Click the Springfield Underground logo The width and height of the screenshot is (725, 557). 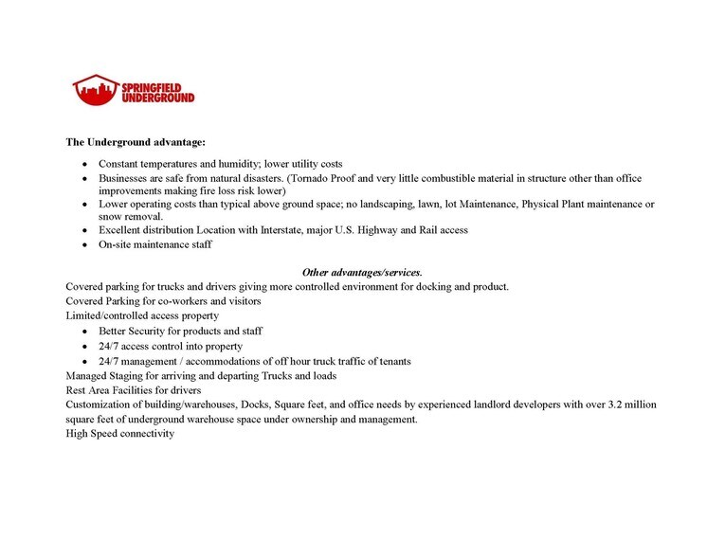pyautogui.click(x=133, y=90)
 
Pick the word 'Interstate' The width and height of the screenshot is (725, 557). pyautogui.click(x=274, y=230)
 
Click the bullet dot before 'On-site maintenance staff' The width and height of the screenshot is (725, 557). pyautogui.click(x=85, y=245)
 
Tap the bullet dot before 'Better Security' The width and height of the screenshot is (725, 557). pyautogui.click(x=85, y=332)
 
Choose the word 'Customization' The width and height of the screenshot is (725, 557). pyautogui.click(x=100, y=404)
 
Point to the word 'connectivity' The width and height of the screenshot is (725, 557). pyautogui.click(x=145, y=434)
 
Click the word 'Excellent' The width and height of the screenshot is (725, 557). pyautogui.click(x=121, y=230)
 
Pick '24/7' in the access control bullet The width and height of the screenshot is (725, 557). pyautogui.click(x=110, y=347)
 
